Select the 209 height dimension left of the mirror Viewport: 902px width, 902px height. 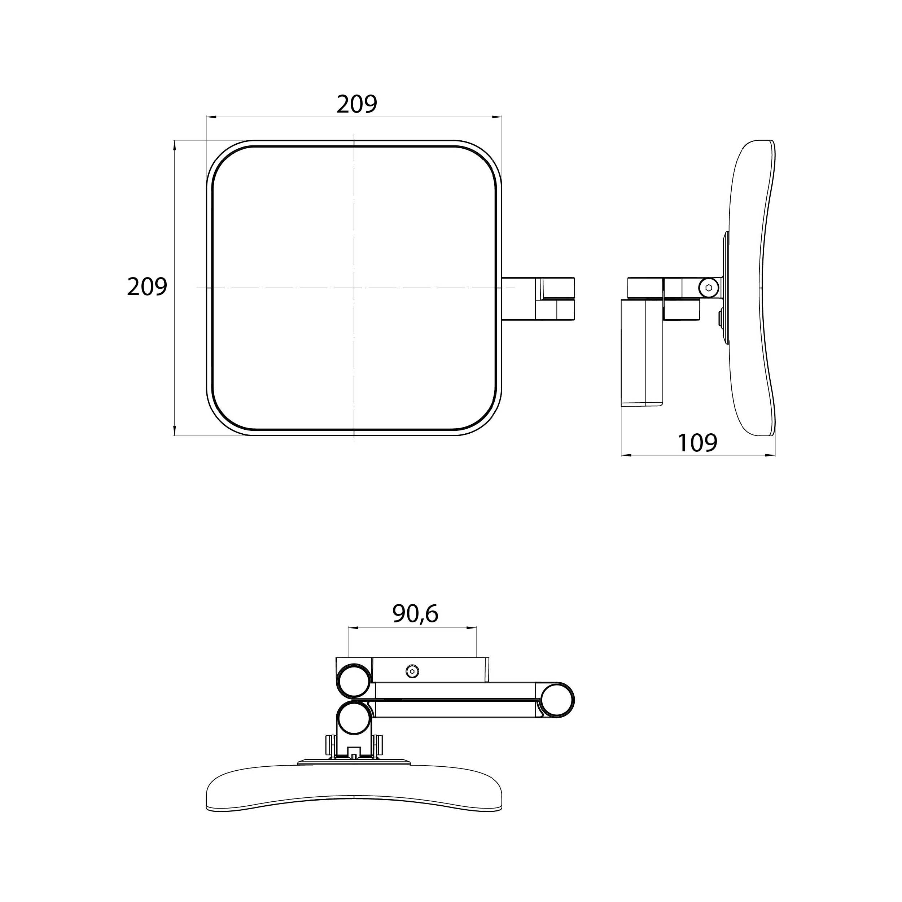147,287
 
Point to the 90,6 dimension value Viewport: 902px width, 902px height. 415,614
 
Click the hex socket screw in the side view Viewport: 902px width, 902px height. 709,288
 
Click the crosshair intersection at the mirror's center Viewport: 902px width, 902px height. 354,288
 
